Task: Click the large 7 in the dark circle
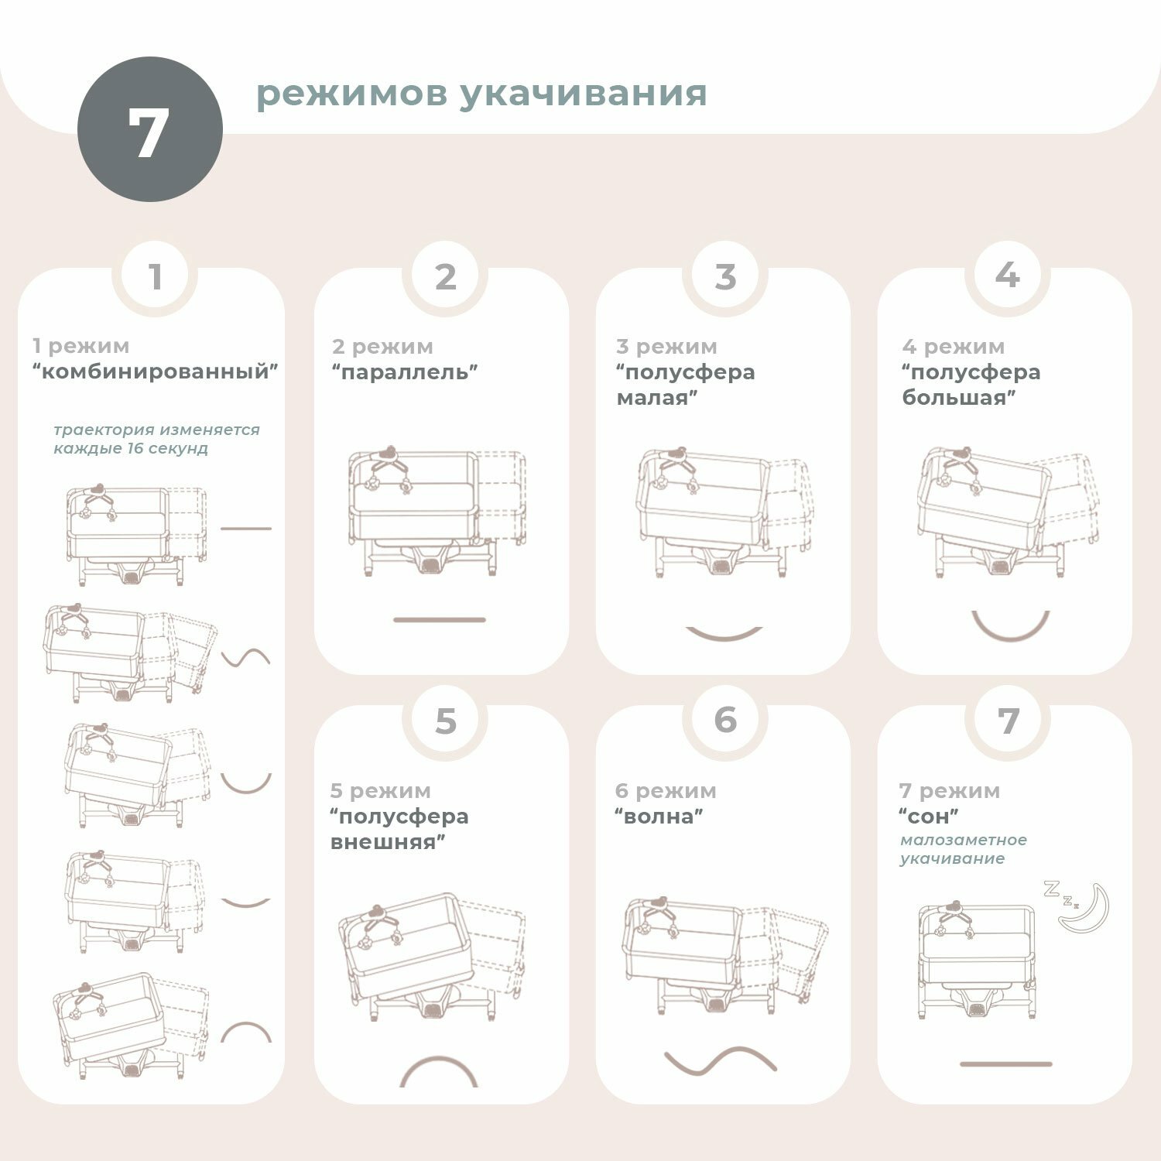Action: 149,132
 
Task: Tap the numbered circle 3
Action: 724,276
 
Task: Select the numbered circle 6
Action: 724,720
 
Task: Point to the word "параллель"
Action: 405,372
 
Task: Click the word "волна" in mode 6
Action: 659,816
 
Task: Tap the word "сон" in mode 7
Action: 929,816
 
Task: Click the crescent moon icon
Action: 1086,906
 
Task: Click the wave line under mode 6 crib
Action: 720,1061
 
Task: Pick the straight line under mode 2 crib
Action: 439,620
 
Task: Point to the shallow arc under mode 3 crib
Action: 724,638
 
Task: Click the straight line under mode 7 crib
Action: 1005,1064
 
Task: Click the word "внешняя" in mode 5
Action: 388,842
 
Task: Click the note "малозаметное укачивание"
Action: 964,849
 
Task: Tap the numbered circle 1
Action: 156,276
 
